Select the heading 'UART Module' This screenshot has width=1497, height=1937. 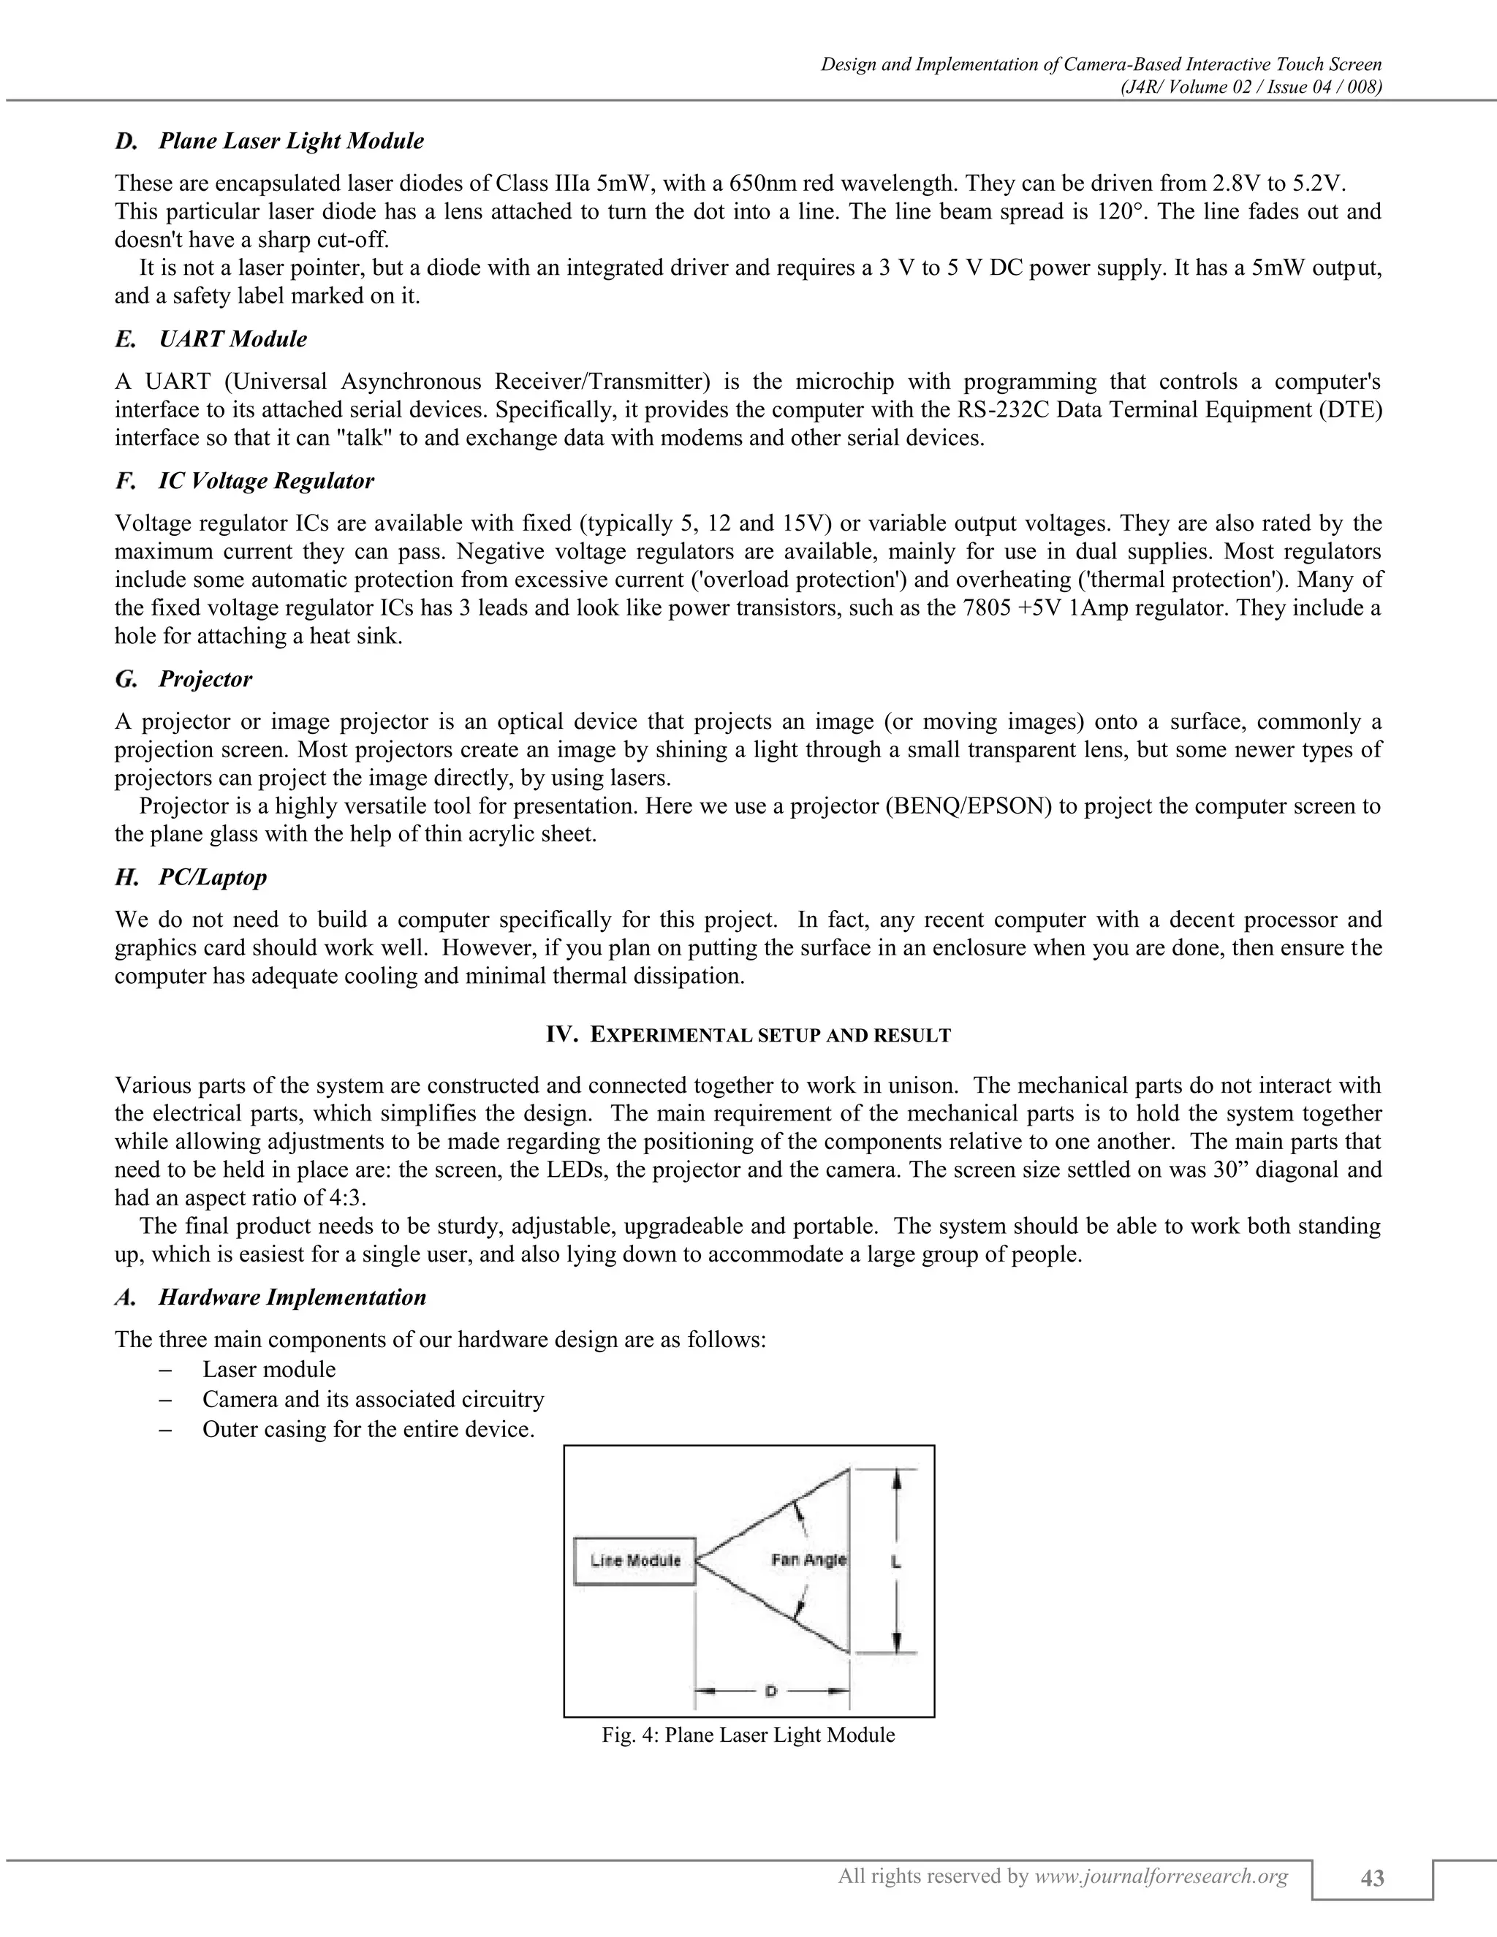point(232,339)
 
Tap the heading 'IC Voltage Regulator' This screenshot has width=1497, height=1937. point(266,481)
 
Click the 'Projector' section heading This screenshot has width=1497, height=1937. point(205,678)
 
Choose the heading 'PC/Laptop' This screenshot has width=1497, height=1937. point(212,877)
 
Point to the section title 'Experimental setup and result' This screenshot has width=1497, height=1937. point(748,1034)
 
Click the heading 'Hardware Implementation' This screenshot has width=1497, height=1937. point(292,1297)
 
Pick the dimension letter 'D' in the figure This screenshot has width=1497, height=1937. point(770,1691)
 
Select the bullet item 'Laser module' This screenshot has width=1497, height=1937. point(269,1369)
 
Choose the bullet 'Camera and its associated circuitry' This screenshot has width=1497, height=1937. point(373,1400)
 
